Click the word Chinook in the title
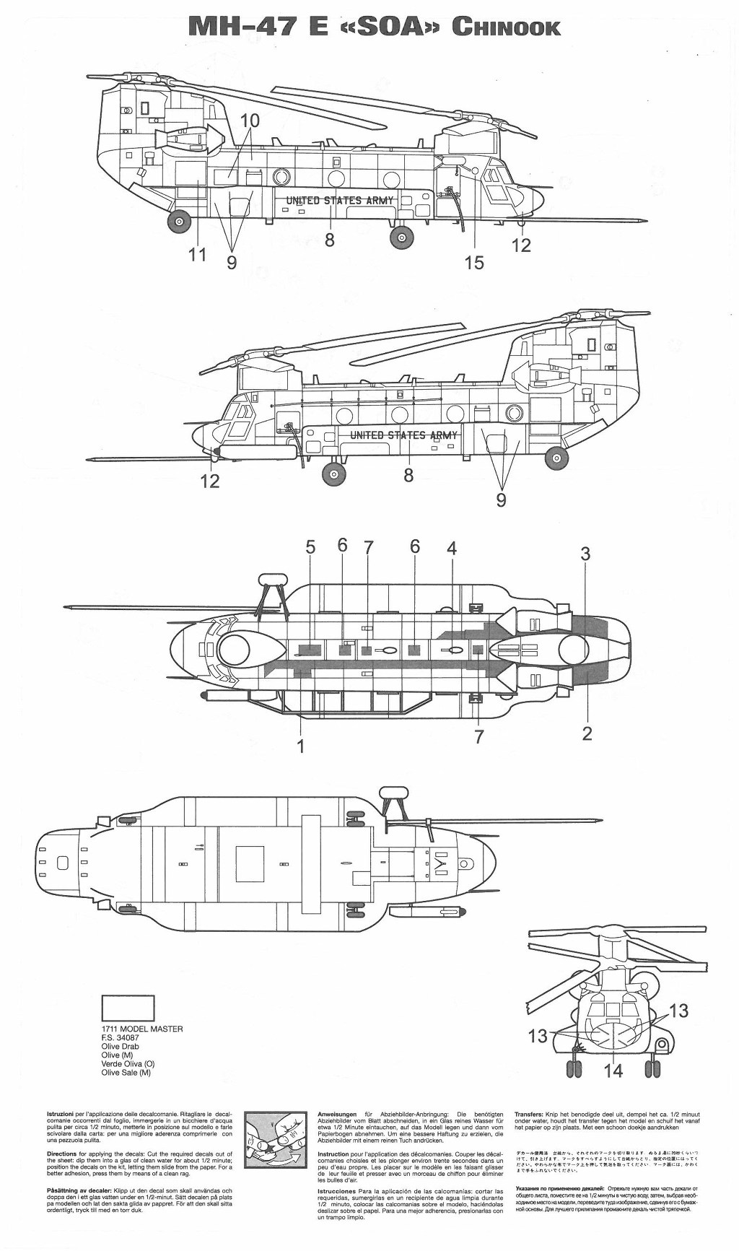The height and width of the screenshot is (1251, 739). pos(506,27)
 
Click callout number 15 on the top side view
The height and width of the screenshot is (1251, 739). pos(474,262)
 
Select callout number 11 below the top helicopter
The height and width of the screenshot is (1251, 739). pos(197,254)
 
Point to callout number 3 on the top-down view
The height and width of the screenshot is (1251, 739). pos(585,554)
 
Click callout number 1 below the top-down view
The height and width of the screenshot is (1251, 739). pos(301,745)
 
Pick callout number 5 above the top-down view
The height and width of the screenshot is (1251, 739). pos(310,546)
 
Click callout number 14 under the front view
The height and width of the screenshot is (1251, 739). pos(613,1070)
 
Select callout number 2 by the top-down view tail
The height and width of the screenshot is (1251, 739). pos(587,733)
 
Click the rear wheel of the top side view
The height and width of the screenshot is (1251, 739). pos(179,222)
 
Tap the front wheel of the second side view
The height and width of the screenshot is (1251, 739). pos(333,474)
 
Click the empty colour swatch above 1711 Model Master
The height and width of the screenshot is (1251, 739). pos(128,1008)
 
